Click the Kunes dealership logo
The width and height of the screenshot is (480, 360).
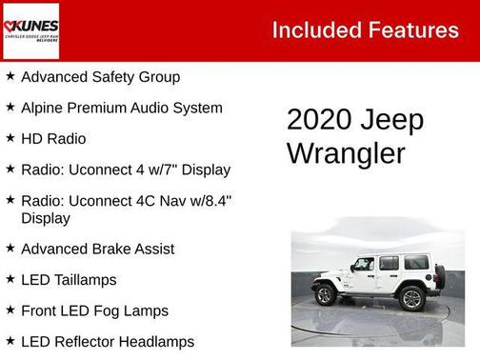tap(31, 30)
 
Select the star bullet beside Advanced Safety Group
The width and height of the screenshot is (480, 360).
tap(10, 76)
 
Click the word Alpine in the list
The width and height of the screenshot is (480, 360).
tap(43, 108)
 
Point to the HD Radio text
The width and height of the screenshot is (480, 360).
tap(53, 139)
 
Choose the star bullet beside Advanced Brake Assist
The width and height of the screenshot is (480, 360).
tap(10, 249)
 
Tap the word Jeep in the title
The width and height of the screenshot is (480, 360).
tap(392, 121)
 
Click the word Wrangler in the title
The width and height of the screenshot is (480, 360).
tap(346, 153)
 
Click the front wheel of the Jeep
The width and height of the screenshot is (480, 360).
tap(326, 294)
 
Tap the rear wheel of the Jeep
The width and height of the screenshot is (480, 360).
tap(411, 298)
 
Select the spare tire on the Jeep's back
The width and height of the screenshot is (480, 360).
tap(439, 277)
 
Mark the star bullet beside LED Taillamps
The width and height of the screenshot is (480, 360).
tap(10, 280)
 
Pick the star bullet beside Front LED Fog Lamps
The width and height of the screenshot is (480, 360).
tap(10, 310)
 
